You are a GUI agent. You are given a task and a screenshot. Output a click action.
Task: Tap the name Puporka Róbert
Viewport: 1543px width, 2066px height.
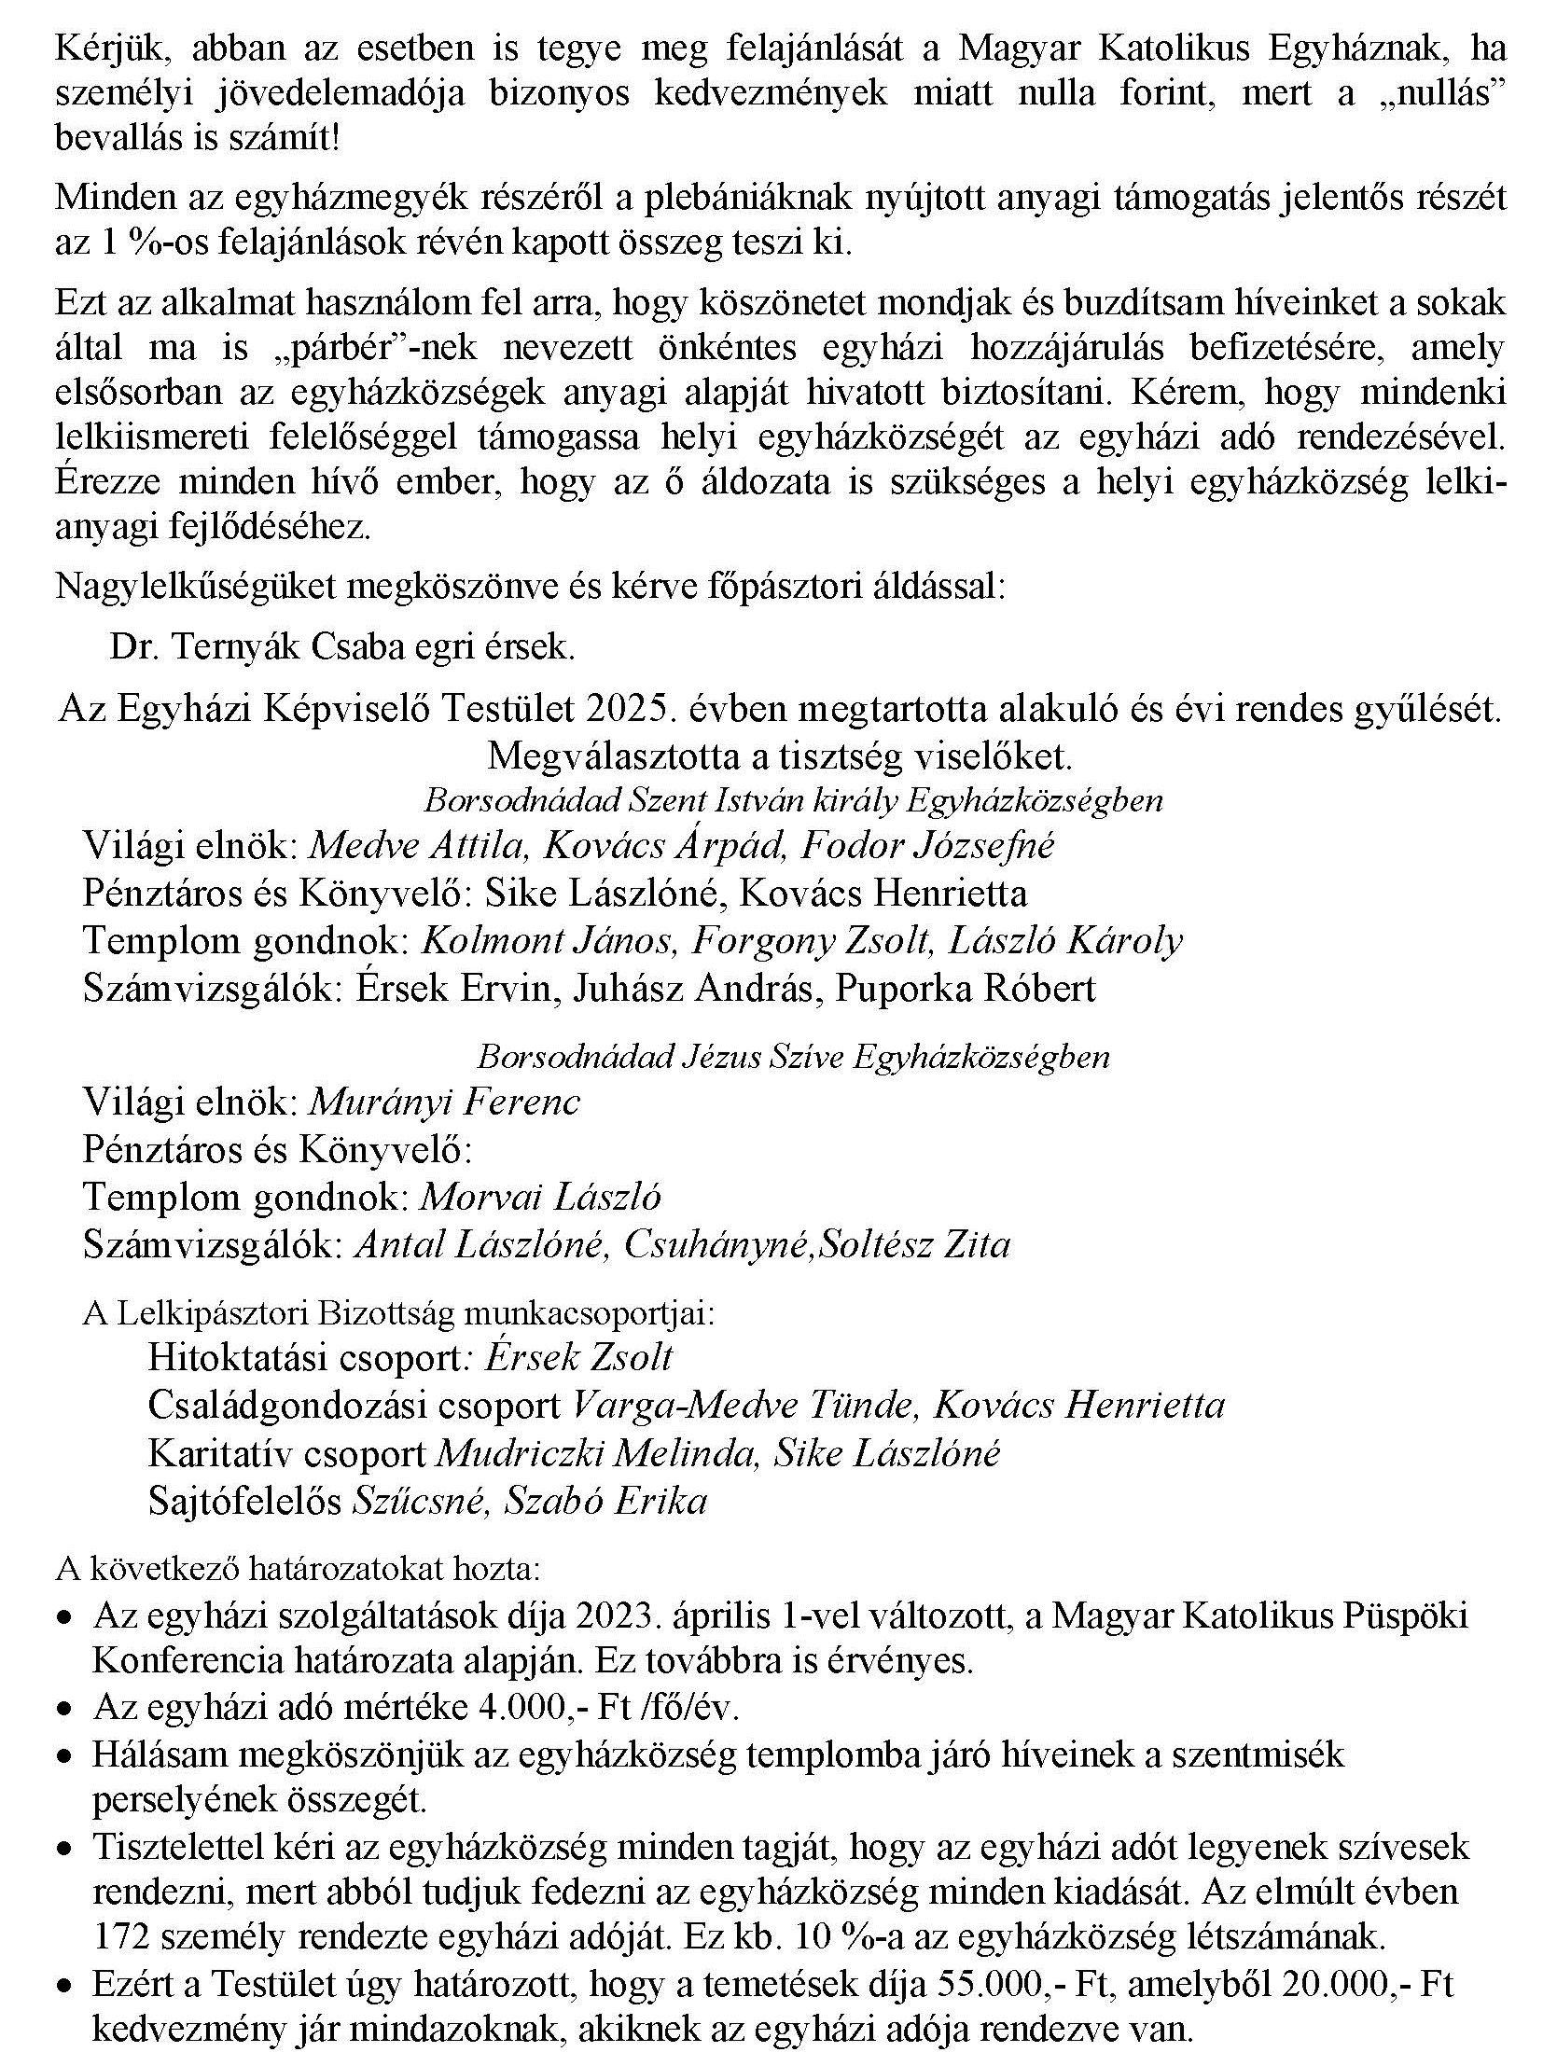pyautogui.click(x=965, y=989)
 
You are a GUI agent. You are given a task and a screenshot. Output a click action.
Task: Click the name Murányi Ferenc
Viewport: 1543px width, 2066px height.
pyautogui.click(x=444, y=1102)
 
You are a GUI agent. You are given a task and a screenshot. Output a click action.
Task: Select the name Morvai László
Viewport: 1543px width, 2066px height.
pyautogui.click(x=541, y=1197)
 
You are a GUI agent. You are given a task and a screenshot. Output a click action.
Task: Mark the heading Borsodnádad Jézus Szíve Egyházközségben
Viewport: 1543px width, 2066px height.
pyautogui.click(x=793, y=1057)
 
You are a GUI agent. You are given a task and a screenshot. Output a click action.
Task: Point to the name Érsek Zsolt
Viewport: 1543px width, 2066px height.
pyautogui.click(x=579, y=1357)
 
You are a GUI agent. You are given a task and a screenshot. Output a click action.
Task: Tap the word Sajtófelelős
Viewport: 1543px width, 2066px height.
pyautogui.click(x=245, y=1501)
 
